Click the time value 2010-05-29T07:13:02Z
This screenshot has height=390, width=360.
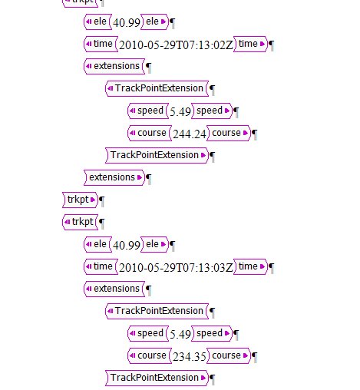(176, 45)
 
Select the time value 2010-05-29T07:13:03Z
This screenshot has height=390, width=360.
(176, 268)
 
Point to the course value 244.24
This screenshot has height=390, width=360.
(190, 134)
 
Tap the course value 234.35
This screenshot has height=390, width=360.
(190, 356)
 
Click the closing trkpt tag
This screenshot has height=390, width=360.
(81, 200)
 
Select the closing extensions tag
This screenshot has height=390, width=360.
(114, 177)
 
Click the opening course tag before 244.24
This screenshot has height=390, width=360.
(150, 133)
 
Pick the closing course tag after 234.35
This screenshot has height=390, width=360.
(229, 355)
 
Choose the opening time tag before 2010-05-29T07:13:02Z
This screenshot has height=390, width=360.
(101, 44)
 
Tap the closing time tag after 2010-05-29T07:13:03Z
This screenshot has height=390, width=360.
(250, 266)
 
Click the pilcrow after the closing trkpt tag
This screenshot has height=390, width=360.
(101, 201)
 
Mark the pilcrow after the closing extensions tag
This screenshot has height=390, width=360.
(148, 179)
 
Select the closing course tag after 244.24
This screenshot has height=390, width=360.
(229, 133)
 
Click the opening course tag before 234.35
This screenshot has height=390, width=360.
(150, 355)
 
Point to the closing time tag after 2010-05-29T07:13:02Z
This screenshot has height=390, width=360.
(250, 44)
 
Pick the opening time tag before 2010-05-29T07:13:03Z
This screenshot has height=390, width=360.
(101, 266)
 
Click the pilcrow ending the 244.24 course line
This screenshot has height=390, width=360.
(254, 134)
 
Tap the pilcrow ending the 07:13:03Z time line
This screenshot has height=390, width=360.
(271, 268)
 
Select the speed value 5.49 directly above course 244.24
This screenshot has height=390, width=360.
(180, 111)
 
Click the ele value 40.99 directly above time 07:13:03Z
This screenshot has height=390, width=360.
(127, 246)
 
